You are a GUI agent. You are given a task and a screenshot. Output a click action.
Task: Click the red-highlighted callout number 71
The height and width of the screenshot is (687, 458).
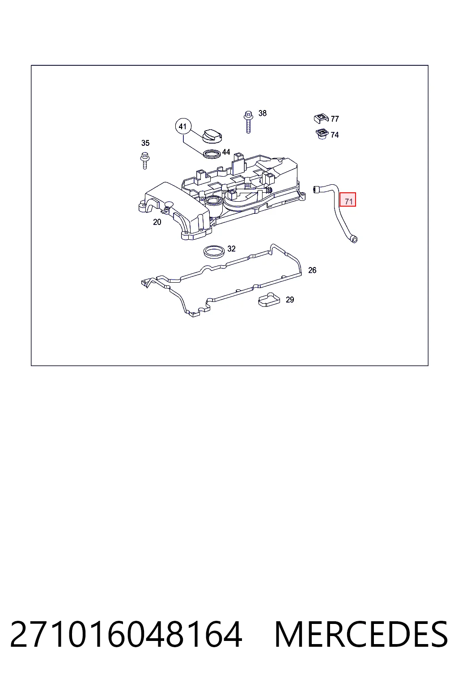coord(348,199)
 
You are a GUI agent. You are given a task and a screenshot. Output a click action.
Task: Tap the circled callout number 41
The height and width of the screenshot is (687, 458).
coord(183,127)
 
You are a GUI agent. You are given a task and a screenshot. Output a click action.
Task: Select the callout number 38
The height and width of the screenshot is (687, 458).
coord(262,113)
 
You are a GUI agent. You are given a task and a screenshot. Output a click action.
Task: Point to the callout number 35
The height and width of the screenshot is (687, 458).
coord(145,143)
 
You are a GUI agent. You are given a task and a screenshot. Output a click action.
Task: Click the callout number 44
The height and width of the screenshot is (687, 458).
coord(226,152)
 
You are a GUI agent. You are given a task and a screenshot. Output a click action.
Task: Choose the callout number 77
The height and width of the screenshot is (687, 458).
coord(335,119)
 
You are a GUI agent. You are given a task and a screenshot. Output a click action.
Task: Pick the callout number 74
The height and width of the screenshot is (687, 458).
coord(335,135)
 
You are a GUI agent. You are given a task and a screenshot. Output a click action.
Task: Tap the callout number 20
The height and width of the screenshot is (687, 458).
coord(157,222)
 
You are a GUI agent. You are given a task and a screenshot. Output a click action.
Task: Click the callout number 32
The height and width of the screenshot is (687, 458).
coord(231,249)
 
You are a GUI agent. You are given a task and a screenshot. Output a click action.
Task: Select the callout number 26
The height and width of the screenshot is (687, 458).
coord(312,270)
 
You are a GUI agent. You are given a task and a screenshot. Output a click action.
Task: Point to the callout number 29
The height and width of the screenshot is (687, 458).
coord(290,300)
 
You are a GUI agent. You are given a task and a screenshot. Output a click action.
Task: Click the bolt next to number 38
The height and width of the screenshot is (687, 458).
coord(248,122)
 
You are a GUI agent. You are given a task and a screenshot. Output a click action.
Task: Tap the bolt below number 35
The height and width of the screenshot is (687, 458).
coord(144,161)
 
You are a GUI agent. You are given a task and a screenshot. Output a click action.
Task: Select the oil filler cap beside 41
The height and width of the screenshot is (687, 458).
coord(212,136)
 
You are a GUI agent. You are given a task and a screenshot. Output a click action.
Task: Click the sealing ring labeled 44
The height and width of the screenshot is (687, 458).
coord(212,154)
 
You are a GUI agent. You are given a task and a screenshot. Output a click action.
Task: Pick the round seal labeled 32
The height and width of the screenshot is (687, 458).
coord(214,252)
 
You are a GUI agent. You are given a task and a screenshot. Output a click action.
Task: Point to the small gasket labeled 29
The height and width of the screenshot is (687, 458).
coord(269,300)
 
